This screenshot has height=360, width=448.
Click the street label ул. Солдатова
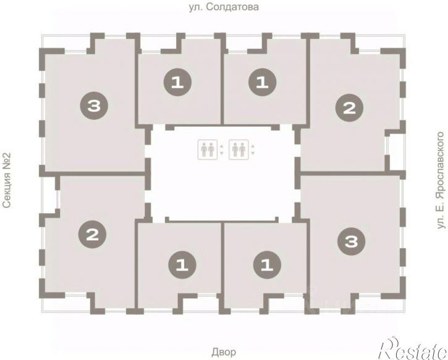click(x=224, y=7)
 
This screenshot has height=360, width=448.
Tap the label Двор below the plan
click(x=224, y=352)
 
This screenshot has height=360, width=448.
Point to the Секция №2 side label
click(x=7, y=180)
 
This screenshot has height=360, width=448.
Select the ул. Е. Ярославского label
click(x=441, y=180)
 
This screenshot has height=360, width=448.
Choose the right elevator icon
click(x=239, y=149)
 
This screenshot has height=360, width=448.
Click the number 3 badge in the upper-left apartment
click(x=94, y=106)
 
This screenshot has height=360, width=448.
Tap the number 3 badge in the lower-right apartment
click(x=351, y=241)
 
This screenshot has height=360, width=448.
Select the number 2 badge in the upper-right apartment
click(x=349, y=108)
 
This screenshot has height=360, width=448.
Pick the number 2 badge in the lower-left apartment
click(x=92, y=235)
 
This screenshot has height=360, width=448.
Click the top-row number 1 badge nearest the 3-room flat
click(x=177, y=83)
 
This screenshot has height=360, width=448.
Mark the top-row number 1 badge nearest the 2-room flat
click(x=262, y=83)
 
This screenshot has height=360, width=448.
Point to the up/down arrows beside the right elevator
click(x=252, y=149)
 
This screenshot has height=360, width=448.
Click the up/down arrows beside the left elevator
click(x=221, y=149)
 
